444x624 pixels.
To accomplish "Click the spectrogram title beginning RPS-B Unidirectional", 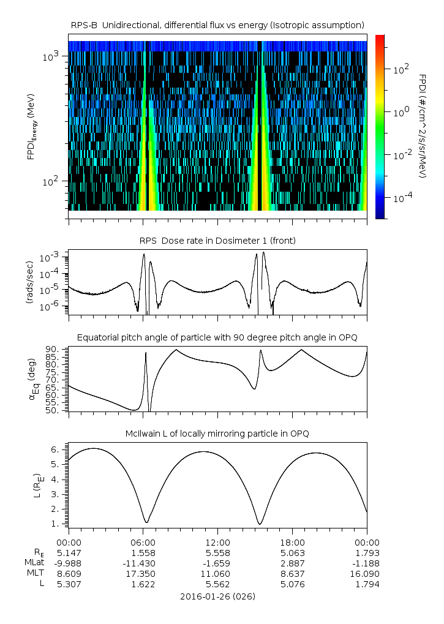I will [x=217, y=24].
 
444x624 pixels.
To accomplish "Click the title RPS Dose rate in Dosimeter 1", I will [x=217, y=241].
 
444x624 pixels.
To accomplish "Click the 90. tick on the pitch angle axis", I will [x=53, y=349].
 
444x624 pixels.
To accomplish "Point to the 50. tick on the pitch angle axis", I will [x=53, y=410].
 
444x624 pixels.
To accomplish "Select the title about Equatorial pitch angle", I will [x=217, y=337].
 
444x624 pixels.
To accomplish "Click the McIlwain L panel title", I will [x=217, y=434].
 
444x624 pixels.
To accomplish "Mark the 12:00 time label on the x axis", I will [x=217, y=543].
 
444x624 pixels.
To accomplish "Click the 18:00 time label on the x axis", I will [x=292, y=543].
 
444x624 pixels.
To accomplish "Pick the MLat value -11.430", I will [x=143, y=563].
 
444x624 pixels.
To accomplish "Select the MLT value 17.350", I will [x=143, y=573].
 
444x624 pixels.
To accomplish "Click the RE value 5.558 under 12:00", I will [x=217, y=552].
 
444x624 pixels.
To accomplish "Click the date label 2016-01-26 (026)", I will [x=217, y=596].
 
